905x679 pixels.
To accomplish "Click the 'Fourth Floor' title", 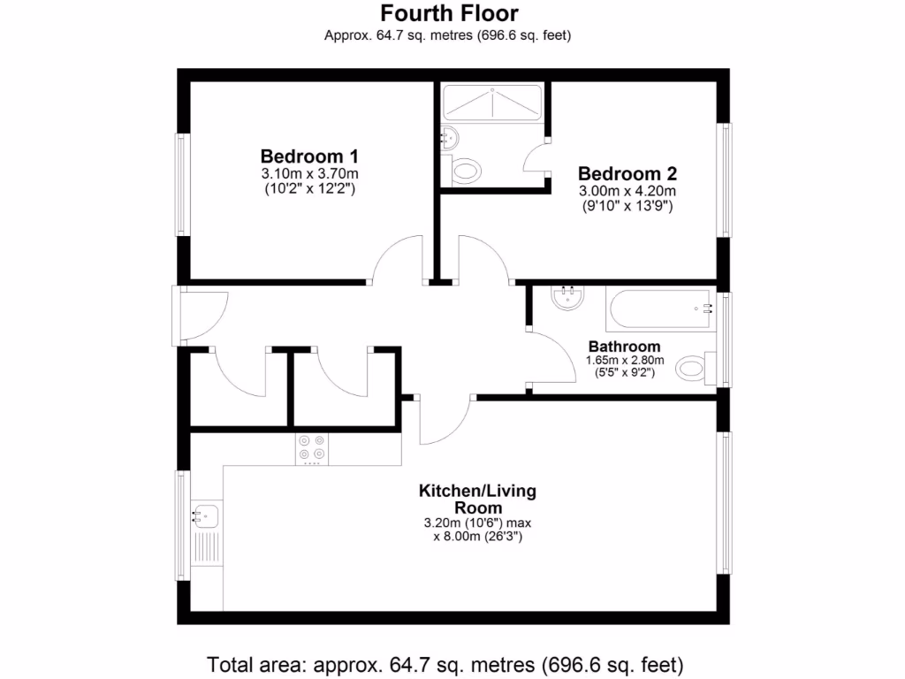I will click(x=449, y=13).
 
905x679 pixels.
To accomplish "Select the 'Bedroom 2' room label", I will click(x=627, y=173).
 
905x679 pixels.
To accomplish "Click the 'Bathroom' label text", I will click(x=624, y=347).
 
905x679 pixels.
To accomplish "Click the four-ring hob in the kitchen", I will click(x=312, y=448).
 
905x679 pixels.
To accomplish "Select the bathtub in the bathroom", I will click(x=660, y=309).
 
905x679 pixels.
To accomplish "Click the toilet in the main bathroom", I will click(x=694, y=368).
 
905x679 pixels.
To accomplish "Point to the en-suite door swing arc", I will click(x=535, y=161).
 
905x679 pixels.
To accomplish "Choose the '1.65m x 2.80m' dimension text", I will click(x=624, y=361).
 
